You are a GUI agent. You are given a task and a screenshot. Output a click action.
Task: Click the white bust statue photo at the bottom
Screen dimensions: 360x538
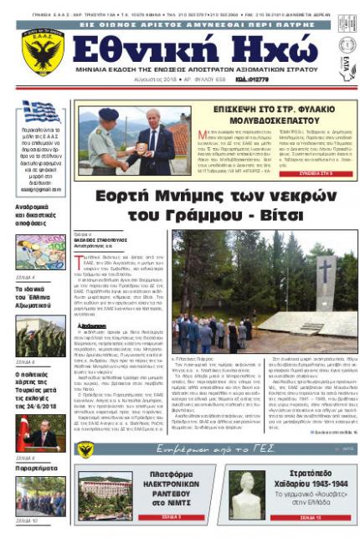click(249, 494)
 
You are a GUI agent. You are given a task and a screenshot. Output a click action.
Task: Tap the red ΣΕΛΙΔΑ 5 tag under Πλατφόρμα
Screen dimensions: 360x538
click(166, 517)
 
